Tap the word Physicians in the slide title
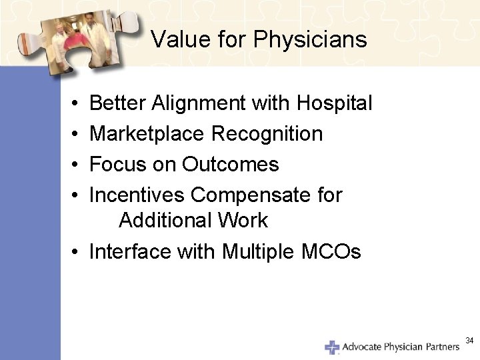309,40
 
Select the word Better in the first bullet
118,103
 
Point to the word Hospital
334,103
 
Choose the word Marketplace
147,134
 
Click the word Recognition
267,134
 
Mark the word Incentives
137,195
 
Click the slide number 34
469,341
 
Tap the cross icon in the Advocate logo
332,347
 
